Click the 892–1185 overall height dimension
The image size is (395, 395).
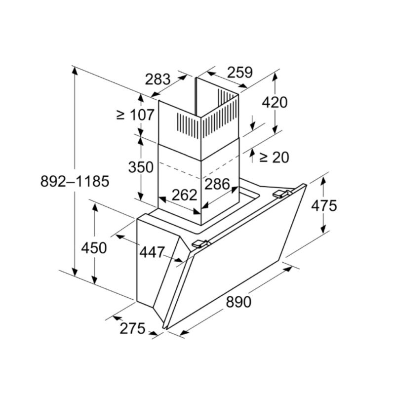pyautogui.click(x=75, y=181)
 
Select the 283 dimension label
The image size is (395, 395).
pyautogui.click(x=158, y=79)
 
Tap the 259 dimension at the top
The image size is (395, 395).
pyautogui.click(x=240, y=73)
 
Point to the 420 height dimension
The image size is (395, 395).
pyautogui.click(x=275, y=103)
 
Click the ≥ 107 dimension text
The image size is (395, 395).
pyautogui.click(x=135, y=115)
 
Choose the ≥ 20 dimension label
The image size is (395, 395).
pyautogui.click(x=274, y=158)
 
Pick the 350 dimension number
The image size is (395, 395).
pyautogui.click(x=141, y=167)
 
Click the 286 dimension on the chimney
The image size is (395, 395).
pyautogui.click(x=217, y=184)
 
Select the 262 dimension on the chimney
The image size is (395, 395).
pyautogui.click(x=184, y=195)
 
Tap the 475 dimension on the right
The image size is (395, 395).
pyautogui.click(x=324, y=205)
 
